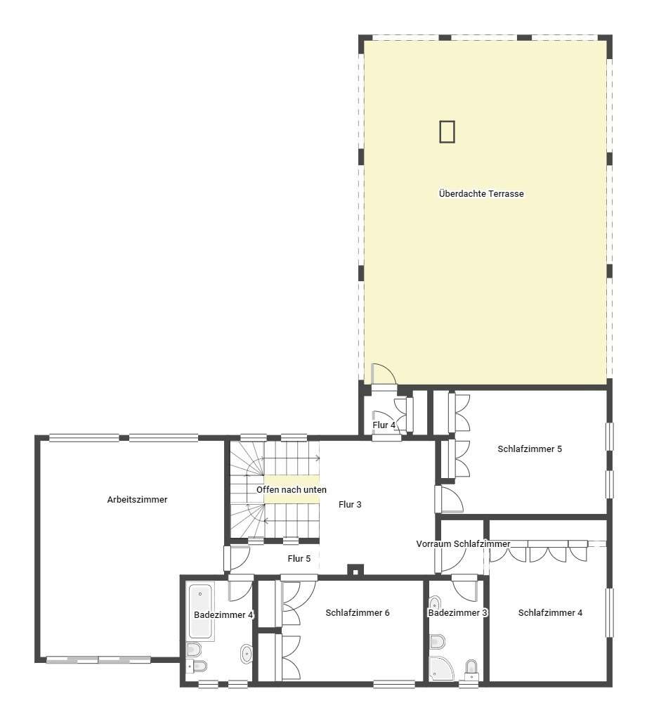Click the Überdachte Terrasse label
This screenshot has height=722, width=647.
click(481, 194)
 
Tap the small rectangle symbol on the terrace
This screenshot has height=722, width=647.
click(447, 131)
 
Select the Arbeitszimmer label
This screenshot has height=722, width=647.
click(137, 500)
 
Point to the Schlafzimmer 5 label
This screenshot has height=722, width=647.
click(530, 449)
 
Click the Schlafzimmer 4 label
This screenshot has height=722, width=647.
click(550, 613)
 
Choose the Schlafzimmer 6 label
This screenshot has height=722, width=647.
click(358, 613)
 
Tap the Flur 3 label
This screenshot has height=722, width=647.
click(350, 505)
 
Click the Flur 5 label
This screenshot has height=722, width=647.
click(299, 559)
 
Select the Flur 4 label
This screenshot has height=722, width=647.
click(384, 425)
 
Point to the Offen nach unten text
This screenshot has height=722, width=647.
click(292, 490)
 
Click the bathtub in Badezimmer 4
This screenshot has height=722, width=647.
click(201, 611)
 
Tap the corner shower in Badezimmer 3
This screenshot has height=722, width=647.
click(441, 668)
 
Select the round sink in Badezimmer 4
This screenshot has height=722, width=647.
click(247, 654)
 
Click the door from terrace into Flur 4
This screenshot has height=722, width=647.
click(384, 374)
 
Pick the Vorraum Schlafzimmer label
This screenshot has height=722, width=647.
click(464, 544)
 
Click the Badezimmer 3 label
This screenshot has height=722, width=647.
click(457, 613)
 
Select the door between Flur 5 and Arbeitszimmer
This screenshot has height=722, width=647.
click(237, 558)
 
